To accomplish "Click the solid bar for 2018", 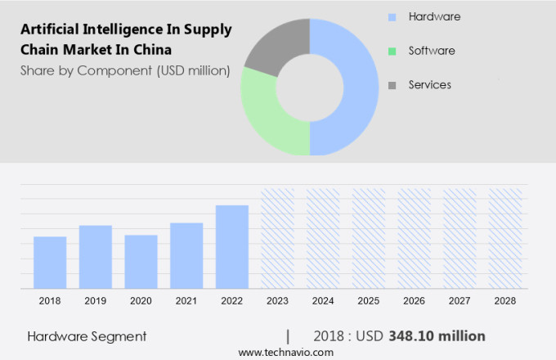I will (x=50, y=262).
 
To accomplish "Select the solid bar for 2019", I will (x=96, y=256).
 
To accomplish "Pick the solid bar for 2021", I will (x=186, y=255).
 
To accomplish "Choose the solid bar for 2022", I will (x=232, y=246).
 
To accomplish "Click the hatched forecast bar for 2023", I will (x=277, y=238).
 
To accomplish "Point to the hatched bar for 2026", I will (x=414, y=238).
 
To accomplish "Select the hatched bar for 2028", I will (x=505, y=238).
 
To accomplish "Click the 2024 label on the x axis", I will (x=323, y=301).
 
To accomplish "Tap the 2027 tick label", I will (x=460, y=301).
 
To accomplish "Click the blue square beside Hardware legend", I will (x=392, y=17).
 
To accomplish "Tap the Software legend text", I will (x=432, y=51).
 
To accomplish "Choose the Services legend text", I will (x=430, y=84).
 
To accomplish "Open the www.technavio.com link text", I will (x=285, y=352).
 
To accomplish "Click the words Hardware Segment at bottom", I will (x=87, y=335).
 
